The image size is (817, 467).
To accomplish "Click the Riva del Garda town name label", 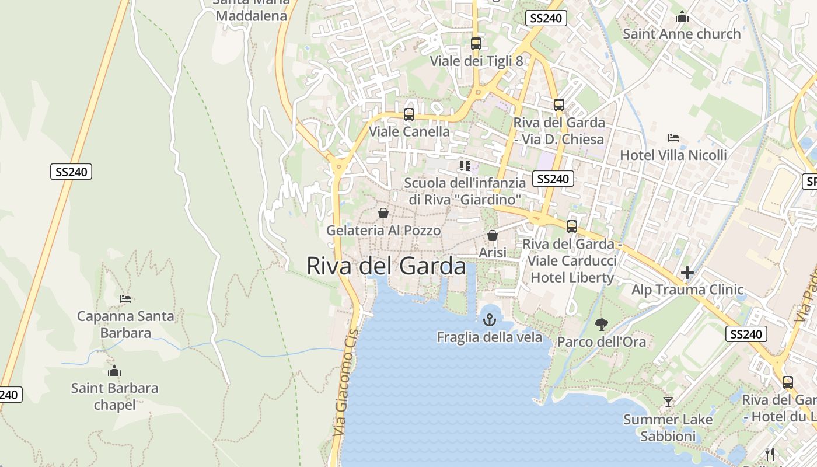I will pyautogui.click(x=386, y=266).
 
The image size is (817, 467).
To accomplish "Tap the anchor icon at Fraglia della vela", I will pyautogui.click(x=489, y=320).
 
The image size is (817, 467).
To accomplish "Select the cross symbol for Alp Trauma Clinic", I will pyautogui.click(x=687, y=273).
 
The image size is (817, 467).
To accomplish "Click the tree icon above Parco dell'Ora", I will pyautogui.click(x=601, y=324).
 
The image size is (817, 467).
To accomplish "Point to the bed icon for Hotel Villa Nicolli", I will pyautogui.click(x=673, y=138).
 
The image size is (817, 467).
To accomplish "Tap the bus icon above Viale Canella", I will pyautogui.click(x=409, y=114).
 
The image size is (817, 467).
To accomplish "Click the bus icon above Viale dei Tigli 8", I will pyautogui.click(x=476, y=44).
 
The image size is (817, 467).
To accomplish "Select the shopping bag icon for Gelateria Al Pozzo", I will pyautogui.click(x=383, y=213).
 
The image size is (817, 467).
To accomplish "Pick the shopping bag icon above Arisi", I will pyautogui.click(x=493, y=235).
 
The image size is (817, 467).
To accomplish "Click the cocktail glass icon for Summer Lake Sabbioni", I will pyautogui.click(x=668, y=402).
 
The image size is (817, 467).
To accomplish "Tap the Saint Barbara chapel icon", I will pyautogui.click(x=114, y=371).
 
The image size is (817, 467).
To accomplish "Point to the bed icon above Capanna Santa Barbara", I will pyautogui.click(x=125, y=299).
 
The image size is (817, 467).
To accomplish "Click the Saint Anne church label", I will pyautogui.click(x=682, y=34).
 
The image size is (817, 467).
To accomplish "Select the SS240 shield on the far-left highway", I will pyautogui.click(x=71, y=172).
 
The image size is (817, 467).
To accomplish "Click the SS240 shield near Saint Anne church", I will pyautogui.click(x=546, y=18).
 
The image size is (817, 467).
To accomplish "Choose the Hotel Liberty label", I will pyautogui.click(x=572, y=277).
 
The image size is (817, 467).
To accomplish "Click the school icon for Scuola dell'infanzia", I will pyautogui.click(x=465, y=166).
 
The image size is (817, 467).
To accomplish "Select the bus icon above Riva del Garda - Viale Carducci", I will pyautogui.click(x=572, y=226).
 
